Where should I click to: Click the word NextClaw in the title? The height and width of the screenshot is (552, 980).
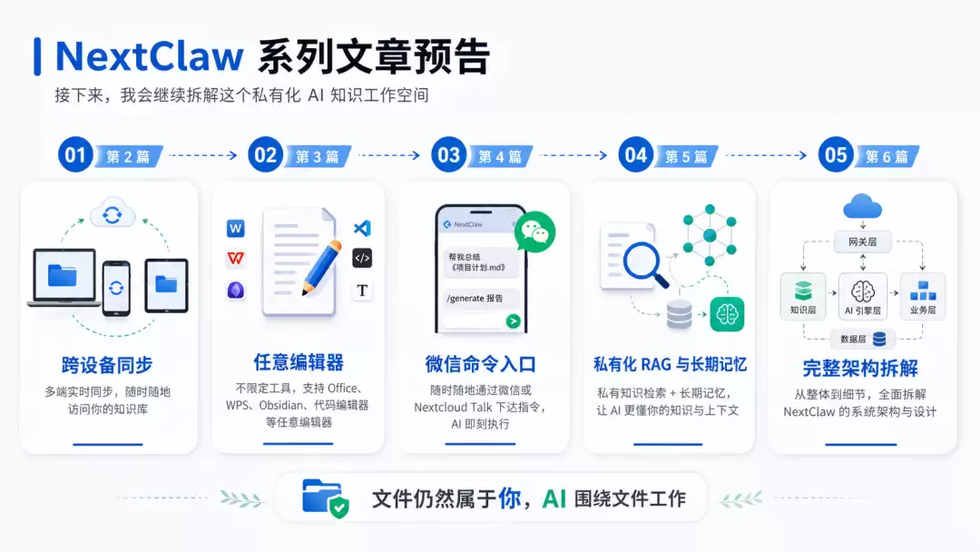149,56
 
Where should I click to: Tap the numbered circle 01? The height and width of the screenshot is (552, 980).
75,154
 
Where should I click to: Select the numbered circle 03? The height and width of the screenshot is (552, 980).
449,154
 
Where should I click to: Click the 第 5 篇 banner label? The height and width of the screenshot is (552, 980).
686,156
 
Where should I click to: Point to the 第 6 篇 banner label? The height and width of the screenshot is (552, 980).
887,156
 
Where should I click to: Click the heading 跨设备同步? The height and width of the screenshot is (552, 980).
107,365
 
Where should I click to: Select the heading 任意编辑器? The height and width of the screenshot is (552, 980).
299,362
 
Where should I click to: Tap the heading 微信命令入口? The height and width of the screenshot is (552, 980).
480,364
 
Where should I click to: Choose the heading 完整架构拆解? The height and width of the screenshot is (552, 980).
860,369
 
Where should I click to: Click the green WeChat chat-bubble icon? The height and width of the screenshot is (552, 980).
535,232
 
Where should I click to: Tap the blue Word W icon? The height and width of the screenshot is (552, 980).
236,229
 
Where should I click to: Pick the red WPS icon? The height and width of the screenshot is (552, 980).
236,258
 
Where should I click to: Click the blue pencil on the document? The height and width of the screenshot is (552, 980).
322,268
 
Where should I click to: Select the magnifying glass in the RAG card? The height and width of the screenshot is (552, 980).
644,264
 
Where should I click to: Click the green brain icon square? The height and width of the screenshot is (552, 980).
727,314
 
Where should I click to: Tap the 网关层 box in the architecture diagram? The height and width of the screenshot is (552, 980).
863,241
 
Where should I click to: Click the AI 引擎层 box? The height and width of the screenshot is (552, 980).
863,296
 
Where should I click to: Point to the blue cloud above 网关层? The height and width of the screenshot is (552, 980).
863,206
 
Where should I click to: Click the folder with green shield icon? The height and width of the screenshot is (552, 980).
325,498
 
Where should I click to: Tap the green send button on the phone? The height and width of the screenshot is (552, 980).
513,321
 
